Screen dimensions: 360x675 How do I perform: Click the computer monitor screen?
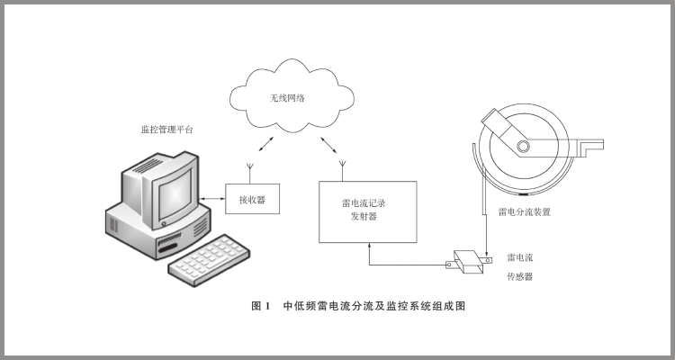click(170, 190)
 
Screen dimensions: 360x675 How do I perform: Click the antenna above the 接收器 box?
click(250, 168)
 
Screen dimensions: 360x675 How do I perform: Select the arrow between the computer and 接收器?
click(212, 198)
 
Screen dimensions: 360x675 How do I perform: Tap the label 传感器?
click(520, 276)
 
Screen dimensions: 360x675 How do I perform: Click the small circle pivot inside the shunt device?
click(522, 147)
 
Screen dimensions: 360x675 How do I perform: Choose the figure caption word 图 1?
click(260, 307)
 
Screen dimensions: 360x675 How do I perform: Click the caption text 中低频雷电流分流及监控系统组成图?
click(373, 307)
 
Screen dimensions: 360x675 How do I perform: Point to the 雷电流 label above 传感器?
click(520, 256)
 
